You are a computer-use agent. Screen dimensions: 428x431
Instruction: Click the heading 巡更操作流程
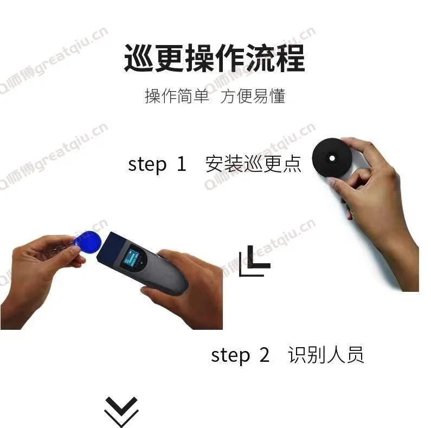click(x=215, y=59)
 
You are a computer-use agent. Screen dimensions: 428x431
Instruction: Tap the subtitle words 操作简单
click(x=177, y=97)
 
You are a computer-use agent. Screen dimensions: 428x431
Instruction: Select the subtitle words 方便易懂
click(x=253, y=97)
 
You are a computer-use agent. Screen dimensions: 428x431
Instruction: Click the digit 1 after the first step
click(x=182, y=164)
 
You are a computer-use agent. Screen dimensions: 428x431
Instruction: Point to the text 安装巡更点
click(x=253, y=164)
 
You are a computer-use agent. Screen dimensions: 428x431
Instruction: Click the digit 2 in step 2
click(x=264, y=356)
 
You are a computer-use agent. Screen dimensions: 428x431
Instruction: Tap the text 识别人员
click(x=326, y=355)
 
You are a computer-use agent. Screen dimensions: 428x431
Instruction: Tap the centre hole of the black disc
click(x=331, y=158)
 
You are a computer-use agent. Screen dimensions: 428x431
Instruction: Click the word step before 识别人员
click(x=230, y=356)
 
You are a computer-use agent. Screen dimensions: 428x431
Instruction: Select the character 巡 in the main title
click(x=139, y=59)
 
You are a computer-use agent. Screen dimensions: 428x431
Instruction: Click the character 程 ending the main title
click(x=291, y=59)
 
